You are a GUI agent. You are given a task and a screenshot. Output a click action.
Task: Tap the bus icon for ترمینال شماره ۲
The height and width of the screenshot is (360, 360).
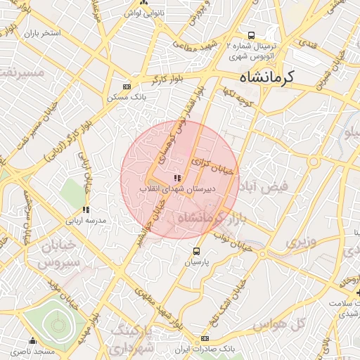(250, 35)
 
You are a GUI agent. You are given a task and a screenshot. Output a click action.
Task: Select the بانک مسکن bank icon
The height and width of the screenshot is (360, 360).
(127, 86)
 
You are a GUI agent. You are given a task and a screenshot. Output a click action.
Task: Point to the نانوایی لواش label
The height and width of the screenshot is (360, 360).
(144, 13)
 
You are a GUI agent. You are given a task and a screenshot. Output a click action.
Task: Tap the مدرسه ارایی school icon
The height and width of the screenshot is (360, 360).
(86, 210)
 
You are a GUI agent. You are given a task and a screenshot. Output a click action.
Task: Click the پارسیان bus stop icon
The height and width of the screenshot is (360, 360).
(196, 250)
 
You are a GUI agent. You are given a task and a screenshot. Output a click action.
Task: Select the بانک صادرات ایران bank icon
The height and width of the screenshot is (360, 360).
(205, 338)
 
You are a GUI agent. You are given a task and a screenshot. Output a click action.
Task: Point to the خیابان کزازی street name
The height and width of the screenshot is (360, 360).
(215, 166)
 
